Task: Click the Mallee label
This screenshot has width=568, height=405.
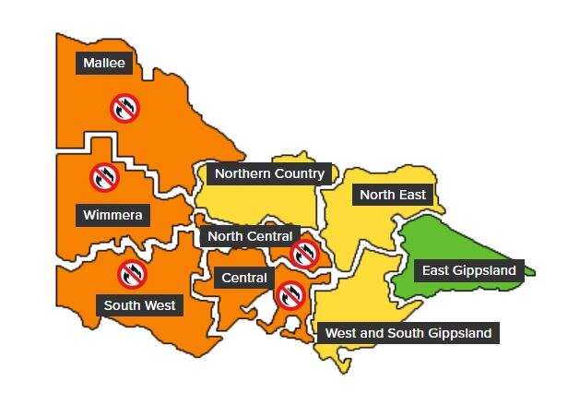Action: [x=104, y=64]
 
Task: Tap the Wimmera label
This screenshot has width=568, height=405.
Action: [x=112, y=216]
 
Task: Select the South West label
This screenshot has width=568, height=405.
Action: [x=139, y=305]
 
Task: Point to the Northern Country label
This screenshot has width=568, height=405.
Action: [x=269, y=173]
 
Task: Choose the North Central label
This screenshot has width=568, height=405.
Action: [x=249, y=236]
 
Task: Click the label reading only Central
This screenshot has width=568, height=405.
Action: [x=244, y=278]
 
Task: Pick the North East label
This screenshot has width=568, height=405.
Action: [x=393, y=195]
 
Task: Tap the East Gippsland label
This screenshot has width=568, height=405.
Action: [x=468, y=270]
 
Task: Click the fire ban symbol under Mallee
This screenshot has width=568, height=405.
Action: [x=125, y=108]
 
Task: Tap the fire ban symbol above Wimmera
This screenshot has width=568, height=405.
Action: [x=104, y=176]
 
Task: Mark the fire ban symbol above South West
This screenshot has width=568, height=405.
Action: [x=132, y=273]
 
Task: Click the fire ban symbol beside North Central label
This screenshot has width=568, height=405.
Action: [x=304, y=253]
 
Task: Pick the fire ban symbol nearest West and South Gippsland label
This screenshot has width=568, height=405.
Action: [x=290, y=295]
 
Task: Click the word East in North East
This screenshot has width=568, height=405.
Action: [x=412, y=195]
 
